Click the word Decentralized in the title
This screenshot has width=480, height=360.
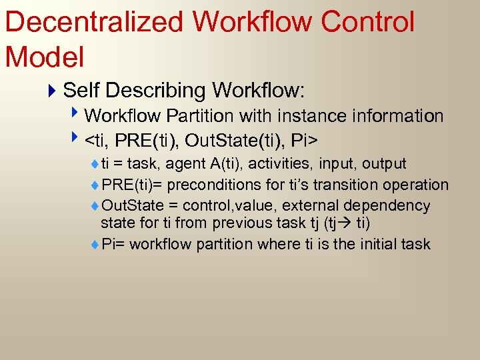tap(93, 21)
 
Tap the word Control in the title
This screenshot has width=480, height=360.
tap(367, 21)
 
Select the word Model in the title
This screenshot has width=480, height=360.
tap(45, 57)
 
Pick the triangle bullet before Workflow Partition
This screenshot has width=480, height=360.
tap(78, 115)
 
